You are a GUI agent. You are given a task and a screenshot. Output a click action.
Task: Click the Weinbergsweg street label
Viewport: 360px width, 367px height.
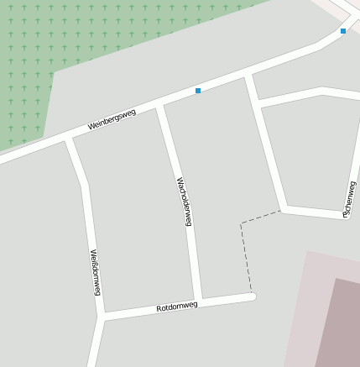[112, 120]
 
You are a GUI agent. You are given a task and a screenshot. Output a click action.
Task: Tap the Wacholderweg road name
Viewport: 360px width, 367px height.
[184, 202]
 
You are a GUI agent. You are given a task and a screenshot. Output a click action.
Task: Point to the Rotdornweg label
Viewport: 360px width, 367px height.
[177, 307]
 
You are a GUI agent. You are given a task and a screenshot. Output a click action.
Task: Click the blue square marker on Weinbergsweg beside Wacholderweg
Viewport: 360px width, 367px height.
[198, 90]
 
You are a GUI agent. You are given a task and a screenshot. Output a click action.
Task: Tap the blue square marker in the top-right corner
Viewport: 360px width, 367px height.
[342, 31]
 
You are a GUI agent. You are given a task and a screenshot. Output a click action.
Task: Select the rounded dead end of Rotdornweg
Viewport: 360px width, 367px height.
[252, 296]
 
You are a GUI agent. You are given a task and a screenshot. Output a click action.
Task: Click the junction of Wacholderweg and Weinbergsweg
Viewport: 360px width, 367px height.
[159, 105]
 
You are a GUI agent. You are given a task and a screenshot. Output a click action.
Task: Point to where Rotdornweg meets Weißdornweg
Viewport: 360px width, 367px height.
[102, 317]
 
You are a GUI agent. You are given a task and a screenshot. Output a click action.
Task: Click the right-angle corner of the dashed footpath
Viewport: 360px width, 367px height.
[242, 223]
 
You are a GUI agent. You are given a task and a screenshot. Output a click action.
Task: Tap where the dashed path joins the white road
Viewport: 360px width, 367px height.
[281, 210]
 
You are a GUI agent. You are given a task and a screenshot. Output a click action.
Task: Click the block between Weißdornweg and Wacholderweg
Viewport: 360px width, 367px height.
[130, 218]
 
